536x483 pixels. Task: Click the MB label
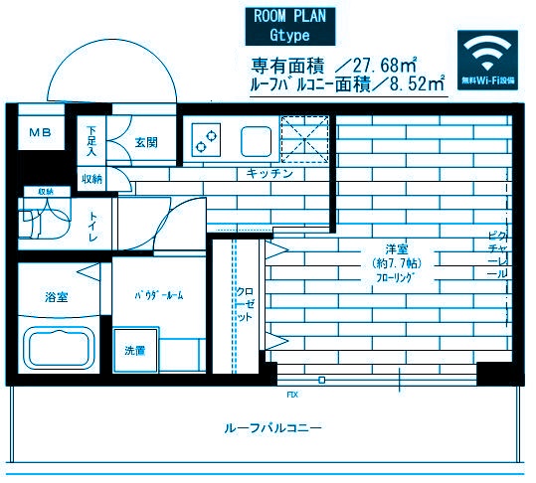39,132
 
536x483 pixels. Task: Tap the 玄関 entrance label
145,142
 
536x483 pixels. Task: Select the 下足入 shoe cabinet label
90,142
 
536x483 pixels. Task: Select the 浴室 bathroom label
56,296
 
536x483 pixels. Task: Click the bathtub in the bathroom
59,349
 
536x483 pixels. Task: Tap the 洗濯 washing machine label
134,350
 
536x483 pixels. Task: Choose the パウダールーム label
160,296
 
